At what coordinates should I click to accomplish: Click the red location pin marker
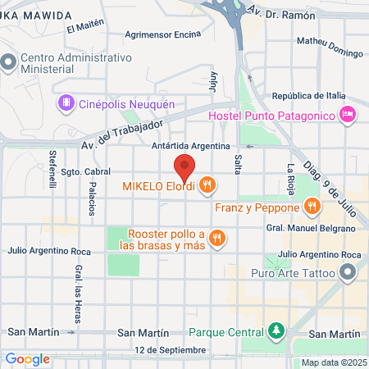point(184,167)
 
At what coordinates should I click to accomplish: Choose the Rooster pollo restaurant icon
point(216,238)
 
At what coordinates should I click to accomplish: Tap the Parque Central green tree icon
point(277,332)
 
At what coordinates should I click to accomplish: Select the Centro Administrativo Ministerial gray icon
point(9,62)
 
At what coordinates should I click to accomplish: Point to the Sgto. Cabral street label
point(86,172)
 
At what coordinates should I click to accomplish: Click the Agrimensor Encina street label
point(164,35)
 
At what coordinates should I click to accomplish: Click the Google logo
point(27,358)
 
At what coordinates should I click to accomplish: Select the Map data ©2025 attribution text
point(331,362)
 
